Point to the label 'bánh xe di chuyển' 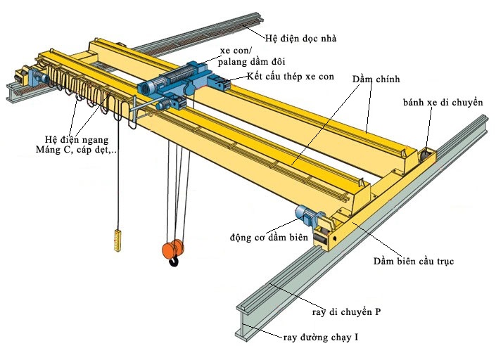pyautogui.click(x=443, y=103)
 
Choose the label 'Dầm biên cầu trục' pyautogui.click(x=414, y=262)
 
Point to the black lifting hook pyautogui.click(x=173, y=262)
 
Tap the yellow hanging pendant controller pyautogui.click(x=117, y=239)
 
